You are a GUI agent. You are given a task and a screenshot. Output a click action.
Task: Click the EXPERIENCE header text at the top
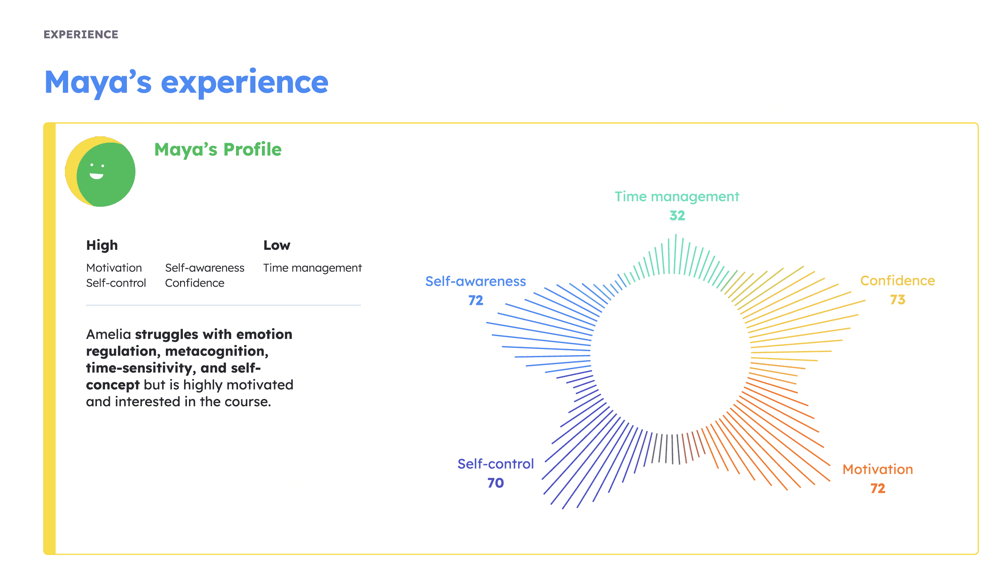(x=81, y=34)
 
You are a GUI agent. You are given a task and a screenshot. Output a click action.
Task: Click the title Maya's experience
(x=186, y=82)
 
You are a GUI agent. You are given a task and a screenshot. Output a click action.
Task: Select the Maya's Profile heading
(x=218, y=150)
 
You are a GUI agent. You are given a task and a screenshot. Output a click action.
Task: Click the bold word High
(x=102, y=245)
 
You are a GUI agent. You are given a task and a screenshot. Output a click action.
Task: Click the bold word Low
(x=277, y=245)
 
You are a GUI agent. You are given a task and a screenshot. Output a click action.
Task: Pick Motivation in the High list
(x=114, y=268)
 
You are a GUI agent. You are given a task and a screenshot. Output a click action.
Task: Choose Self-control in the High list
(x=116, y=283)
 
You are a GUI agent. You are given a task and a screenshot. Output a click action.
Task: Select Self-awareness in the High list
(x=204, y=268)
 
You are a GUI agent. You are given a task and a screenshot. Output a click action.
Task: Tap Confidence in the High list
(x=195, y=283)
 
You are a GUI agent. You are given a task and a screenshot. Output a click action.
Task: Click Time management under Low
(x=312, y=268)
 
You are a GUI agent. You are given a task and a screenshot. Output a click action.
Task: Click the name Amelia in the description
(x=108, y=334)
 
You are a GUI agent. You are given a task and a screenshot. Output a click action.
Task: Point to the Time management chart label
(x=677, y=197)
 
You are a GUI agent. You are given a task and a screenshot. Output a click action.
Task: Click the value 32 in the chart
(x=677, y=215)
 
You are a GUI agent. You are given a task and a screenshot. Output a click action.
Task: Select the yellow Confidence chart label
(x=897, y=281)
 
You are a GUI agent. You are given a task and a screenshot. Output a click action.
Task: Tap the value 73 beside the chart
(x=897, y=300)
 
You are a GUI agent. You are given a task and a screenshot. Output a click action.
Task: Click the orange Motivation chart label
(x=877, y=469)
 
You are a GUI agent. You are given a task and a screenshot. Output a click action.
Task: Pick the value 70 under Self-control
(x=495, y=483)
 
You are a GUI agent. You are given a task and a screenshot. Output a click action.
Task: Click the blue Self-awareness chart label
(x=475, y=281)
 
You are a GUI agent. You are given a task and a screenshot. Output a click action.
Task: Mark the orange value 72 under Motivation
(x=877, y=488)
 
